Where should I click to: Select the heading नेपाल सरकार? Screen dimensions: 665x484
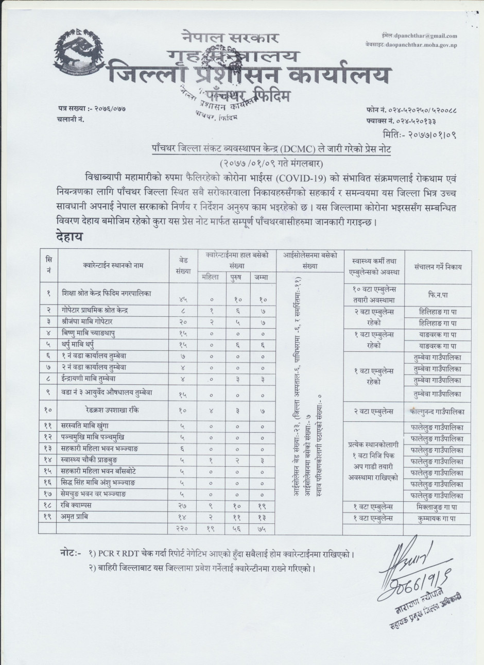(x=230, y=38)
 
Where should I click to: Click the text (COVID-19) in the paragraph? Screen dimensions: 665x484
(x=295, y=179)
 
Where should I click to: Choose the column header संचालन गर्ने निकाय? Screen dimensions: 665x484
(x=438, y=267)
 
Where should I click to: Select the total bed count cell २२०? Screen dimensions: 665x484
(x=182, y=529)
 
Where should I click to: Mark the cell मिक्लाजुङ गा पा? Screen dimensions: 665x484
(x=438, y=506)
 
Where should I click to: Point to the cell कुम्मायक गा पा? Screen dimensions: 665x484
(x=438, y=518)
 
